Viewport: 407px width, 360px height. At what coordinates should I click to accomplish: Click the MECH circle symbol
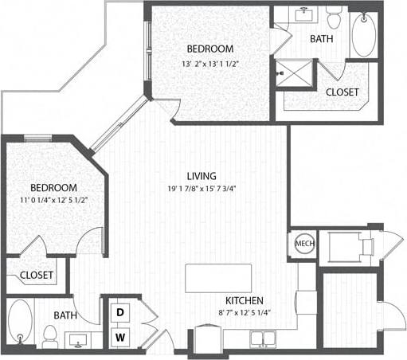click(303, 244)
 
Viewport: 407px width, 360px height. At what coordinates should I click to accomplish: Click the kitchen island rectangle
click(217, 279)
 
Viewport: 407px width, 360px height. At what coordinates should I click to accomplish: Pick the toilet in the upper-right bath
click(334, 14)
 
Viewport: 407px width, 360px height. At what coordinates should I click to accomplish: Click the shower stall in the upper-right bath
click(295, 74)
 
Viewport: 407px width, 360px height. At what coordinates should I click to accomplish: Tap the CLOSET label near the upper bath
click(342, 92)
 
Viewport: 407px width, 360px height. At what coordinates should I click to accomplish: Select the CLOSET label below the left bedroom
click(36, 276)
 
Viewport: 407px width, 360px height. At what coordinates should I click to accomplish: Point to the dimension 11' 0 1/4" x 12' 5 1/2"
click(49, 200)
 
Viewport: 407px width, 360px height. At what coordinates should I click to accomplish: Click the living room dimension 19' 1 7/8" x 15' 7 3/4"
click(201, 189)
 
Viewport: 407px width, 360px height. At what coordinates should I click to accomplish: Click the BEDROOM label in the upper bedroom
click(210, 49)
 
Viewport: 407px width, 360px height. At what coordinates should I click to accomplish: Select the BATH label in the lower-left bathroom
click(65, 315)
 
